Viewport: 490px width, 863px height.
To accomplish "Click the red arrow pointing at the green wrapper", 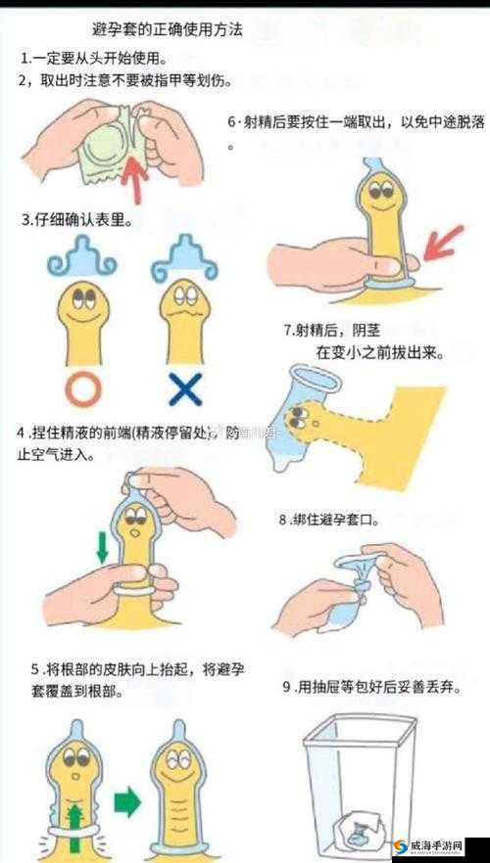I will pos(134,170).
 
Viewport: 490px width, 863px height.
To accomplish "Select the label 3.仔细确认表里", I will pos(78,221).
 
